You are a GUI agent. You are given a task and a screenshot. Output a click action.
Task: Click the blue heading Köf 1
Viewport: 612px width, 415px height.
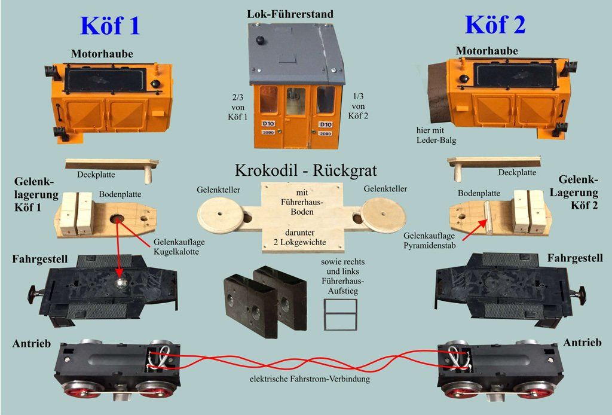pyautogui.click(x=110, y=26)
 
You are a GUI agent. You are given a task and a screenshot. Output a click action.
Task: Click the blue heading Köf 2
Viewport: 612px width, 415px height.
pyautogui.click(x=495, y=25)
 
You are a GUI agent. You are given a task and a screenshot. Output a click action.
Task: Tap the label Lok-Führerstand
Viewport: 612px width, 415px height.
pyautogui.click(x=290, y=13)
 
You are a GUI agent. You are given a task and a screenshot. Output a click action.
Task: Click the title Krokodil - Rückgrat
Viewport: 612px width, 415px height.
pyautogui.click(x=305, y=170)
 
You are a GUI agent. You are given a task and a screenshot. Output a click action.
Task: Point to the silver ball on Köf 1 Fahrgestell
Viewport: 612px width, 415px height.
pyautogui.click(x=120, y=283)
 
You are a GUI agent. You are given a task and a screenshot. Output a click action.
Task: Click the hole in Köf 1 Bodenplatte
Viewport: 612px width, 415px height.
pyautogui.click(x=117, y=219)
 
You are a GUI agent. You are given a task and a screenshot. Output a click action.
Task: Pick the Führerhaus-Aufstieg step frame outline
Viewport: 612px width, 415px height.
pyautogui.click(x=340, y=313)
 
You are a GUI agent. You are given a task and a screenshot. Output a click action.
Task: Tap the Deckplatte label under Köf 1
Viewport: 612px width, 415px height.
pyautogui.click(x=96, y=175)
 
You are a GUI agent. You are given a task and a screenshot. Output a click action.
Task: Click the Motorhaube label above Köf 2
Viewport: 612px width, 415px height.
pyautogui.click(x=486, y=51)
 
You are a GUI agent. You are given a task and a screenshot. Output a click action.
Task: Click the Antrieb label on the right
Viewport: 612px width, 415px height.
pyautogui.click(x=582, y=343)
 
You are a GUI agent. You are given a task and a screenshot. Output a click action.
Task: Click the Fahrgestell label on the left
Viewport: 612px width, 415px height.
pyautogui.click(x=39, y=259)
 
